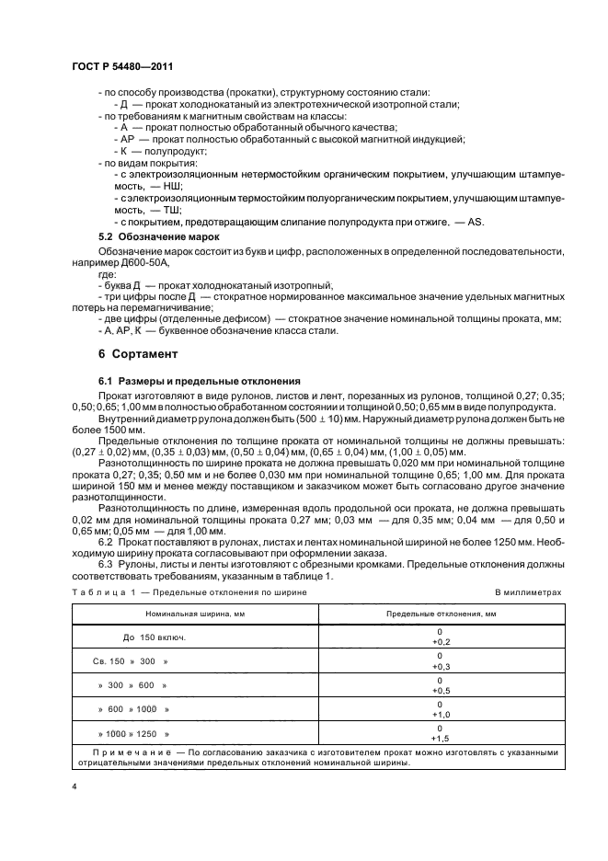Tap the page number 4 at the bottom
[74, 787]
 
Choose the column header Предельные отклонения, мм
[440, 612]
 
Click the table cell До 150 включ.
[155, 637]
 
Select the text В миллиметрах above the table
[528, 593]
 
